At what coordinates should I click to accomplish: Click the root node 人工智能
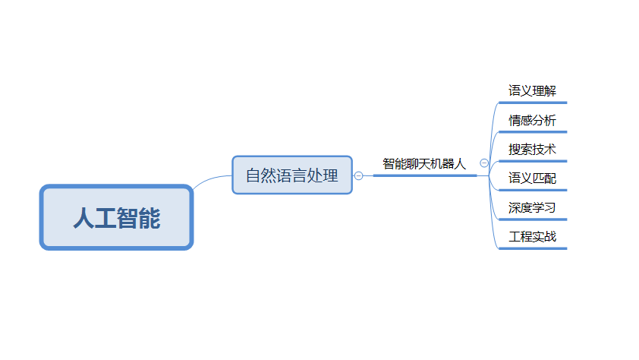(117, 217)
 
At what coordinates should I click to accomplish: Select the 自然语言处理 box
(292, 175)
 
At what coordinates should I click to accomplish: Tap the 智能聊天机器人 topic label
(424, 163)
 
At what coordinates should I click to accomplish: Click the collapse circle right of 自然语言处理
(359, 175)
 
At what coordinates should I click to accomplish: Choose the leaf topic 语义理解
(532, 91)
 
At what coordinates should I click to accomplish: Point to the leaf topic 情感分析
(532, 120)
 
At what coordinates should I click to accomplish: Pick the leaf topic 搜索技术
(532, 149)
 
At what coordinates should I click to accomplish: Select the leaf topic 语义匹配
(532, 178)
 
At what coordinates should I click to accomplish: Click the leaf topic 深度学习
(532, 207)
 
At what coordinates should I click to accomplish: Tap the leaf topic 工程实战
(532, 236)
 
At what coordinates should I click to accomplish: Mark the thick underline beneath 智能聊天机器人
(425, 175)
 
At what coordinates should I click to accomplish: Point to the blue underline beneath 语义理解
(533, 102)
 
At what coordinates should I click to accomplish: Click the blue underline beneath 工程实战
(533, 248)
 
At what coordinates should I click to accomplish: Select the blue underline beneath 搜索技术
(533, 160)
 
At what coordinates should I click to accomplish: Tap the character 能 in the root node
(150, 218)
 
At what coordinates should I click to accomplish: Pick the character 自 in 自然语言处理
(253, 175)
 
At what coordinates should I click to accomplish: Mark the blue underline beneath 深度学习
(533, 219)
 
